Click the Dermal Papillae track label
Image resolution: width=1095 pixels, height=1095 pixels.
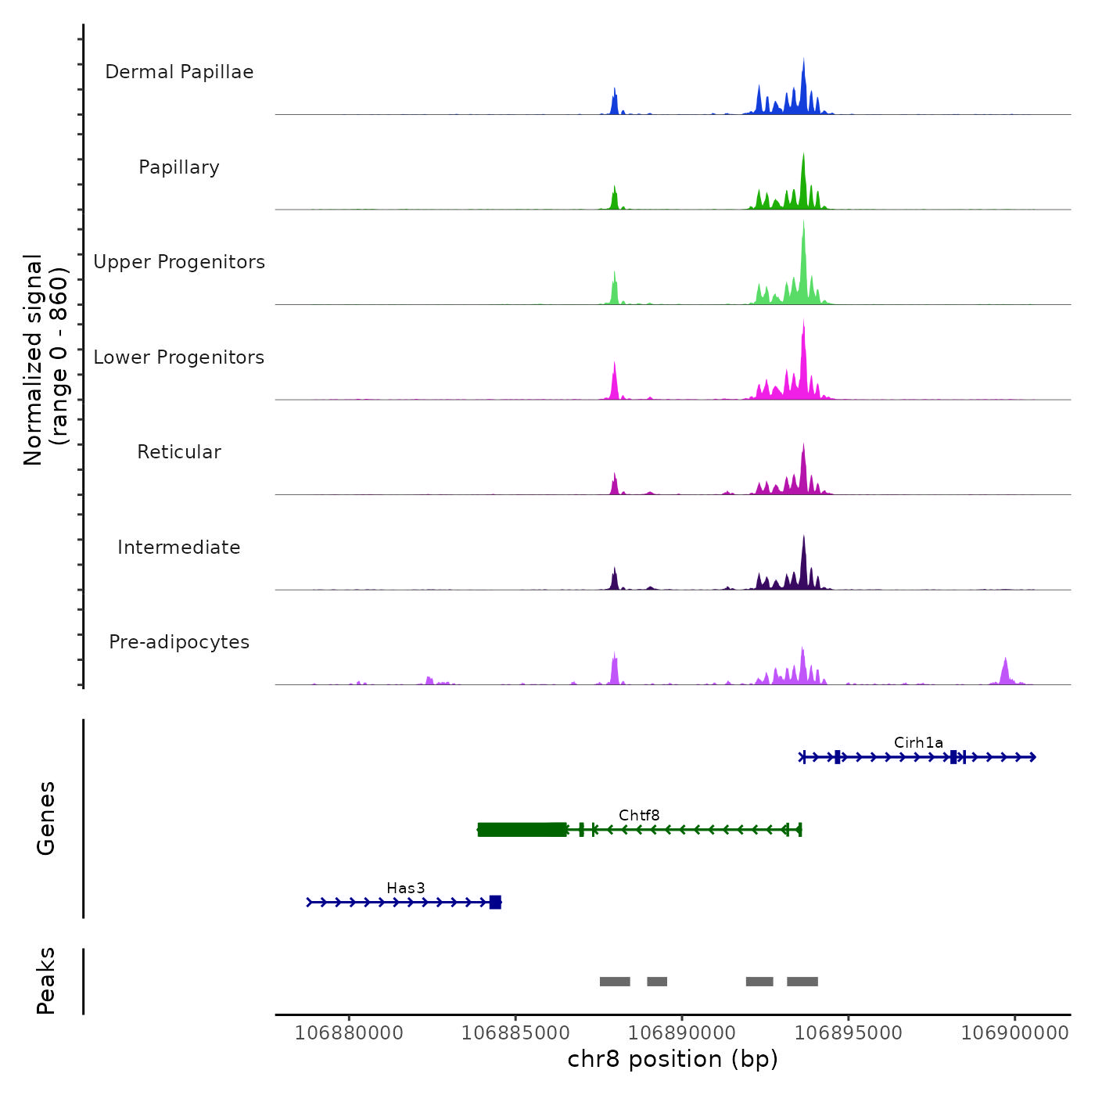click(179, 72)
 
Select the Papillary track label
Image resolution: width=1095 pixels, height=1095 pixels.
click(179, 167)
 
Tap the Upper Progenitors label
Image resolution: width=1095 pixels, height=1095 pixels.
click(179, 262)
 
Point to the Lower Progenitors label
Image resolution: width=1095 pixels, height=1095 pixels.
click(179, 357)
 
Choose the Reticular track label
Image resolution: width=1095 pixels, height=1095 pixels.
click(179, 452)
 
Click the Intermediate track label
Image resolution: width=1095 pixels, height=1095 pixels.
click(179, 547)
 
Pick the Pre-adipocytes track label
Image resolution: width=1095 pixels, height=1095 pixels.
click(179, 642)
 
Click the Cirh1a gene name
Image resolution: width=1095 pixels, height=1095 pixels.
click(918, 743)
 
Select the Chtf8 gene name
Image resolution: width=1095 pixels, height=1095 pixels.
click(639, 816)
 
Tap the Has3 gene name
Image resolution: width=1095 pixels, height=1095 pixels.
click(406, 889)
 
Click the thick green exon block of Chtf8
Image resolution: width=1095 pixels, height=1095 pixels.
click(522, 830)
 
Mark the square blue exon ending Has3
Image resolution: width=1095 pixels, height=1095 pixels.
click(495, 903)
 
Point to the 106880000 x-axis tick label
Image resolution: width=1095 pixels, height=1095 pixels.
click(349, 1033)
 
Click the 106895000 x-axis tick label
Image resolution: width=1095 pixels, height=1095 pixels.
click(849, 1033)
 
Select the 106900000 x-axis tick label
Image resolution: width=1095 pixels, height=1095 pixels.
click(1015, 1033)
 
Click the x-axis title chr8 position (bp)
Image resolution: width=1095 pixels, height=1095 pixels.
click(673, 1059)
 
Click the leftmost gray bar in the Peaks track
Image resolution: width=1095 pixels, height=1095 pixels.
click(615, 982)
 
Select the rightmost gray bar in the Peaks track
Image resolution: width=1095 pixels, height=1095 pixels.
click(802, 982)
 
